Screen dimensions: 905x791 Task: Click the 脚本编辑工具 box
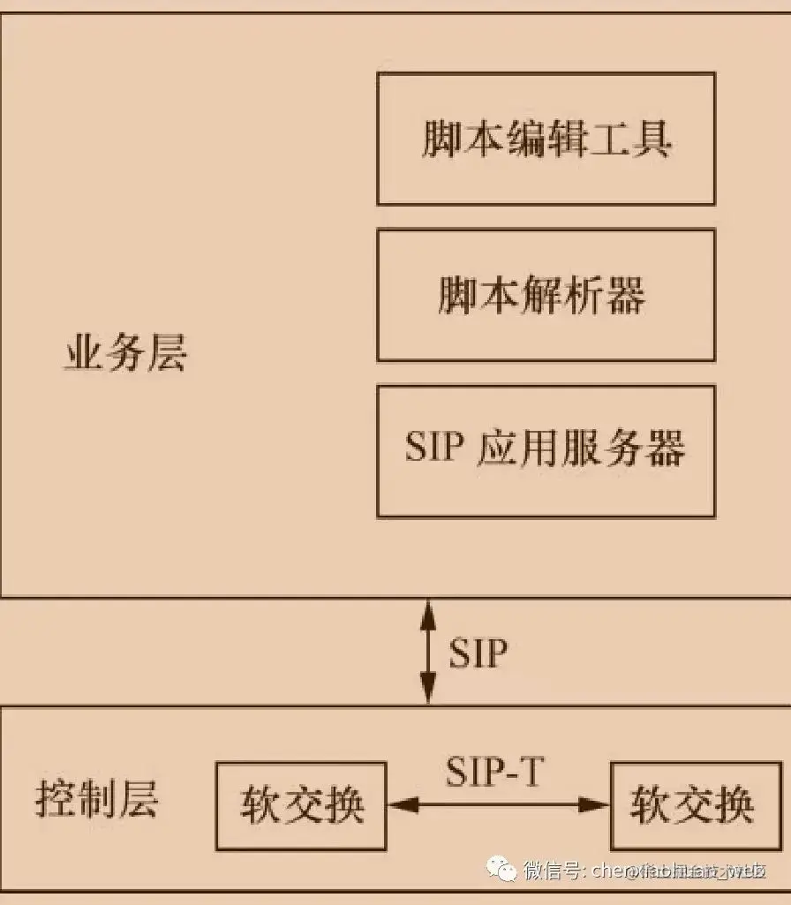coord(546,139)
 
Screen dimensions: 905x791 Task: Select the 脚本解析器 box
coord(546,295)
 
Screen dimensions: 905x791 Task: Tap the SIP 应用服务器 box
coord(546,450)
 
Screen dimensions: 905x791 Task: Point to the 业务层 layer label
coord(125,354)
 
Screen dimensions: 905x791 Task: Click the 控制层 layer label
coord(96,800)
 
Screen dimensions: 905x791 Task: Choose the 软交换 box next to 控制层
coord(301,805)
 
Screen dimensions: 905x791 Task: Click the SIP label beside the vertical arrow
coord(478,654)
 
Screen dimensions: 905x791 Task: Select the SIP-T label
coord(494,773)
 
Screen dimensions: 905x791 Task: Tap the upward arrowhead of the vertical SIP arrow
coord(428,610)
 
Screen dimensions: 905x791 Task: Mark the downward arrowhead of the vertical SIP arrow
coord(428,692)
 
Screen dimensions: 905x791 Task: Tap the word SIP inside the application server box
coord(434,449)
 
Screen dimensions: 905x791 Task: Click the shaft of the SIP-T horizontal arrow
coord(499,804)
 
